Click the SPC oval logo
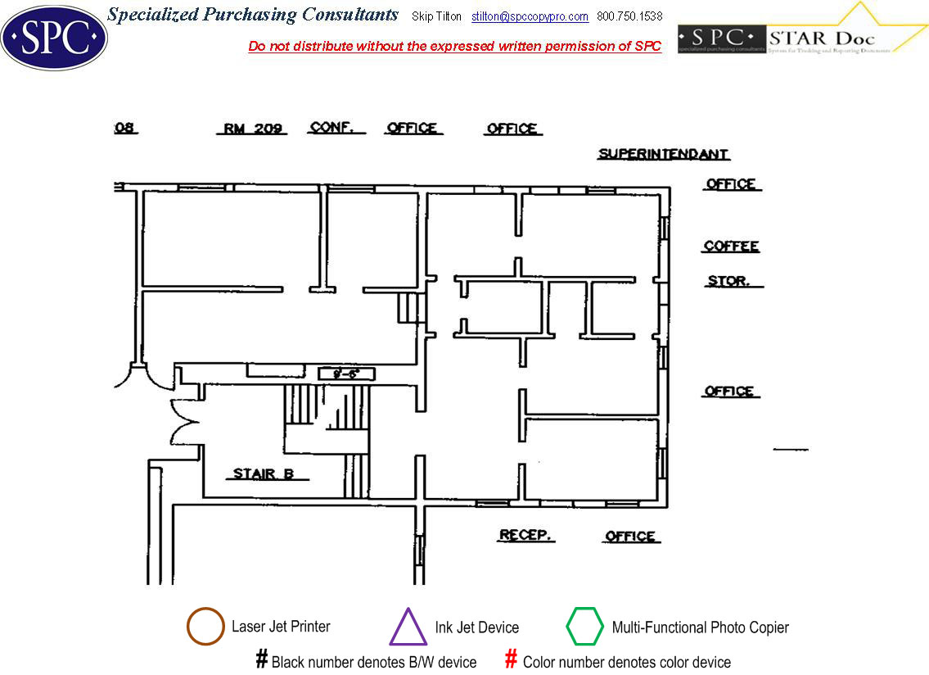(x=54, y=38)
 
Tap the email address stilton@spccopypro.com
(x=530, y=16)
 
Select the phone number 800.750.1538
(x=629, y=16)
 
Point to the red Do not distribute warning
(x=454, y=46)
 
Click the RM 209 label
(x=254, y=129)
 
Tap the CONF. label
(x=331, y=128)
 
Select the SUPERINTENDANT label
(x=663, y=154)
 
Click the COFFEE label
(x=731, y=247)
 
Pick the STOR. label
(x=728, y=281)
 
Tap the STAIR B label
(x=264, y=473)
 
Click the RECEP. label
(x=526, y=536)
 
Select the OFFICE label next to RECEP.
(x=630, y=537)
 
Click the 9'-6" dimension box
(x=346, y=374)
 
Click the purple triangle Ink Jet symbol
(x=408, y=627)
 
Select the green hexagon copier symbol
(x=584, y=627)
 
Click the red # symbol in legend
(x=511, y=659)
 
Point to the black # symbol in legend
(x=262, y=659)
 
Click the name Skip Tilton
(x=437, y=16)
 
